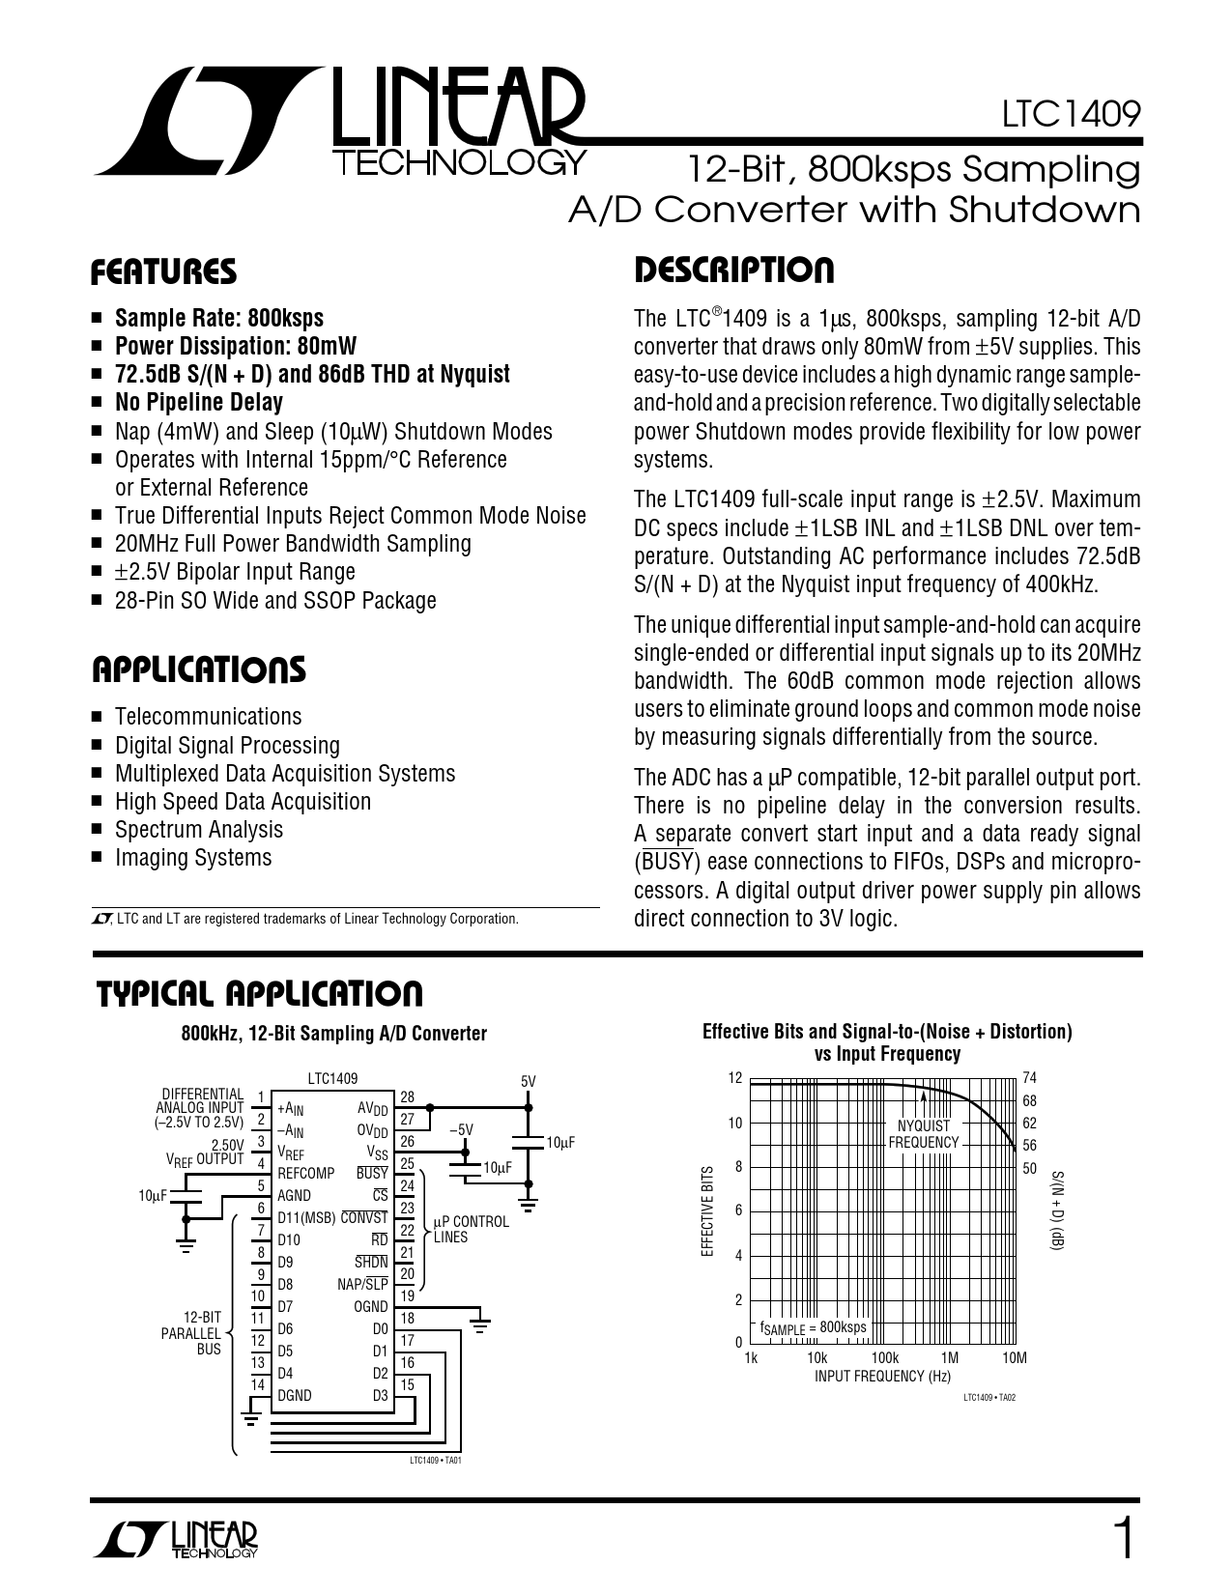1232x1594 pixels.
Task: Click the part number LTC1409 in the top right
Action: (x=1071, y=115)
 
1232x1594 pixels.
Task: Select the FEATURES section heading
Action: (x=163, y=272)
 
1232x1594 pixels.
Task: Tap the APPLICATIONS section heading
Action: (x=199, y=669)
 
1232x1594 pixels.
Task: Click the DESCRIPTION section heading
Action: (x=733, y=270)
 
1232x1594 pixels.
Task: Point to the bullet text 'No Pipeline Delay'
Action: (x=199, y=403)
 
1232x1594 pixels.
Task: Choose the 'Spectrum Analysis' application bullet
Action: (x=199, y=830)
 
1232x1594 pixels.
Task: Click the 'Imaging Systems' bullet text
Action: (x=193, y=858)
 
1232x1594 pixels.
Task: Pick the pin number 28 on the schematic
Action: (x=407, y=1097)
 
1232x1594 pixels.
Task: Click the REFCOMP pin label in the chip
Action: (x=305, y=1173)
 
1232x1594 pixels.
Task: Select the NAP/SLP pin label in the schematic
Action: (x=362, y=1285)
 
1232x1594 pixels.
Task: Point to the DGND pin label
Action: (x=295, y=1396)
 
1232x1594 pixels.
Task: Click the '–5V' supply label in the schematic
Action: (x=462, y=1129)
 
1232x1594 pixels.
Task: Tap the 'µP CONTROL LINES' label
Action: (x=472, y=1229)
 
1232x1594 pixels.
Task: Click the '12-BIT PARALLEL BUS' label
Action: (x=196, y=1333)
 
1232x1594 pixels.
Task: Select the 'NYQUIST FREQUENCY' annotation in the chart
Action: (x=924, y=1134)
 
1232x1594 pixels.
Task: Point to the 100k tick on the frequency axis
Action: (x=884, y=1357)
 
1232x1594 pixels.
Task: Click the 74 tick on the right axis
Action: (x=1029, y=1078)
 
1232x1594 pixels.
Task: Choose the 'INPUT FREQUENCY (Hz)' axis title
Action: (x=882, y=1376)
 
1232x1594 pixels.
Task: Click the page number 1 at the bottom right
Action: (x=1122, y=1539)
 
